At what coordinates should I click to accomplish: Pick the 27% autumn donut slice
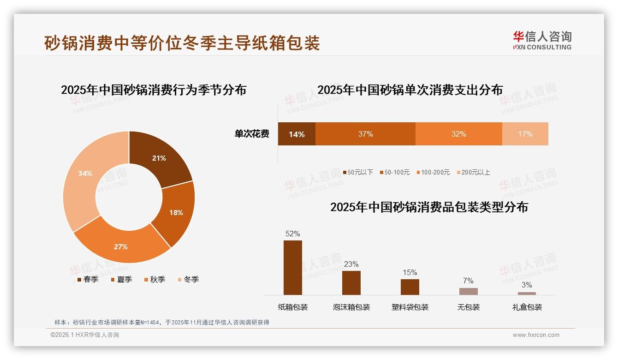(x=121, y=245)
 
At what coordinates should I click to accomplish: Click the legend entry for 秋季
(x=154, y=279)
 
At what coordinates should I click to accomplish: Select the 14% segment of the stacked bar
(x=297, y=134)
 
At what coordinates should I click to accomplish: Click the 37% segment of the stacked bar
(x=365, y=134)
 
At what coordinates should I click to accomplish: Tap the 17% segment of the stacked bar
(x=525, y=134)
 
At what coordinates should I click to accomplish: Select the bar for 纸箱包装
(x=293, y=268)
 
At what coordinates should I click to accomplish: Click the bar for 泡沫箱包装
(x=351, y=282)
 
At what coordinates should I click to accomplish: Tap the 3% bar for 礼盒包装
(x=527, y=293)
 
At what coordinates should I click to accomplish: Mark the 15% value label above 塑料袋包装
(x=410, y=272)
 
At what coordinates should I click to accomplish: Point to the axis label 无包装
(x=469, y=307)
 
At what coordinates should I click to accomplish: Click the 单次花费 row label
(x=252, y=134)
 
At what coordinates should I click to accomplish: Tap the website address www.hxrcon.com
(x=536, y=335)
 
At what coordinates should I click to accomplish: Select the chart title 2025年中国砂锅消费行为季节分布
(x=154, y=90)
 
